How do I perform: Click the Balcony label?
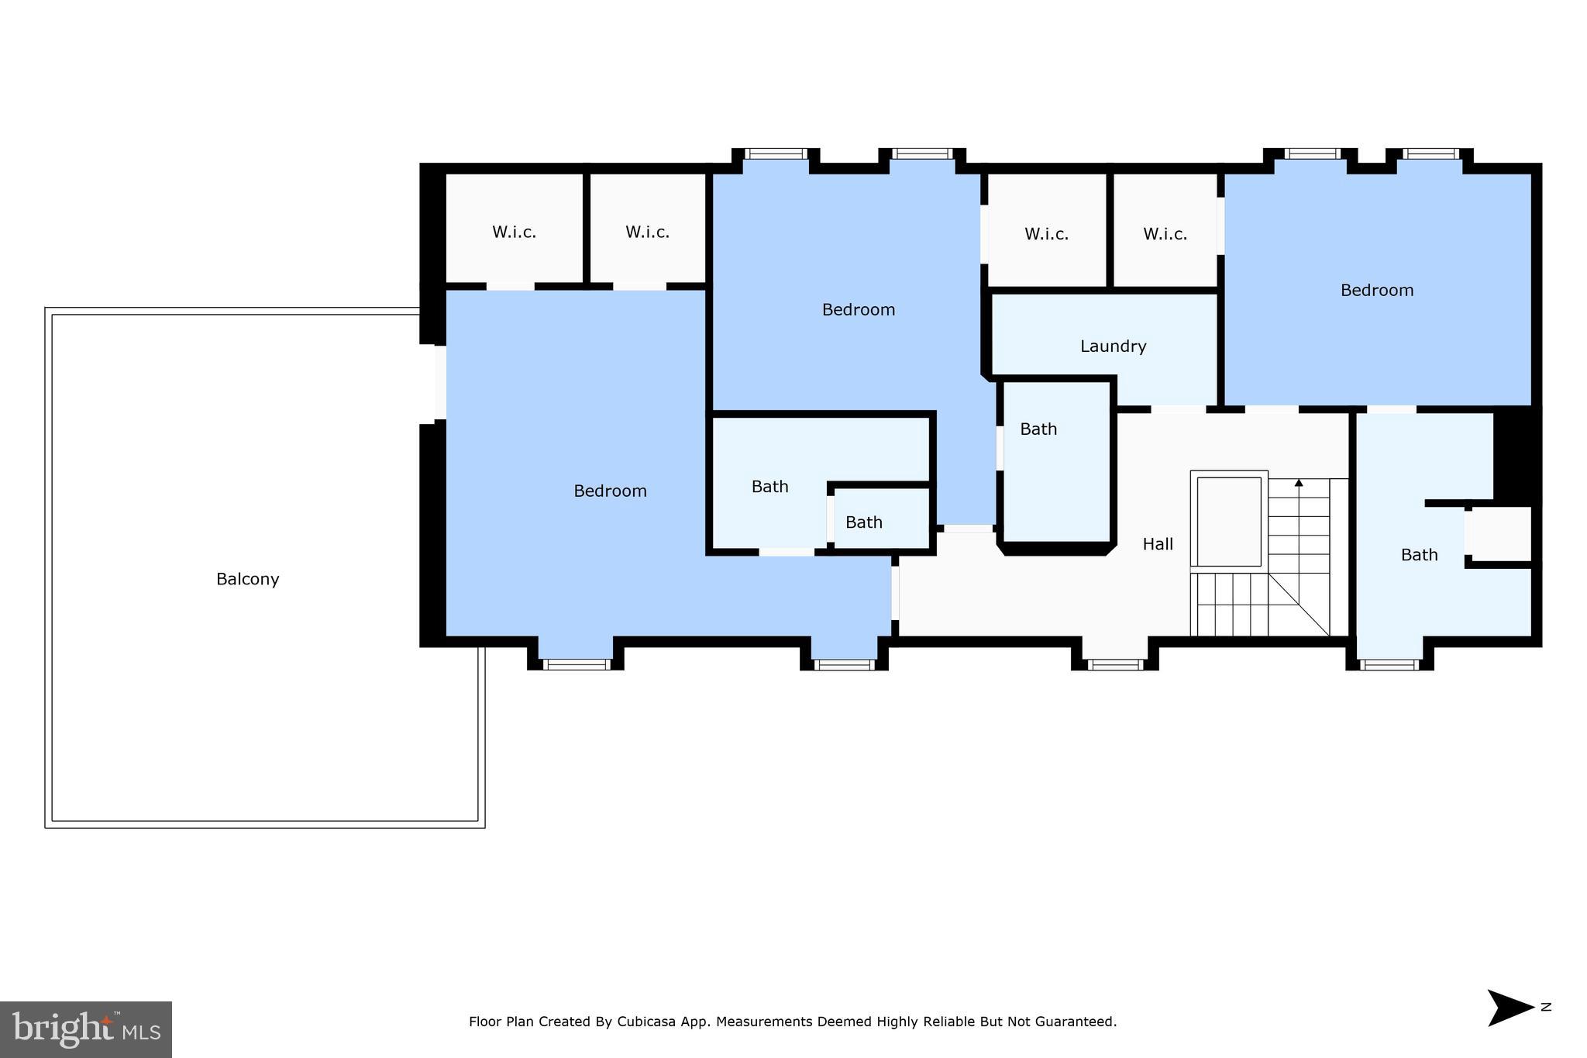tap(247, 579)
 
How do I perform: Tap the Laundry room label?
tap(1113, 346)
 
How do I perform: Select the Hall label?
tap(1158, 544)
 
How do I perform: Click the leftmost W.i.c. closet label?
tap(514, 232)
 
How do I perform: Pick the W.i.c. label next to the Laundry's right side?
tap(1165, 234)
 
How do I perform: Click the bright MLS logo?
tap(85, 1029)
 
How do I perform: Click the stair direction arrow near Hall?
tap(1299, 484)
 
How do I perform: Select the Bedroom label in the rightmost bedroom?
tap(1376, 290)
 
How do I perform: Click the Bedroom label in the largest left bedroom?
tap(610, 491)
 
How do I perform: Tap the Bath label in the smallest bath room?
tap(863, 522)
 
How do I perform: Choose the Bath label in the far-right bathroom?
tap(1419, 555)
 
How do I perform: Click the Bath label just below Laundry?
tap(1038, 429)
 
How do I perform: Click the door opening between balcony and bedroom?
tap(440, 384)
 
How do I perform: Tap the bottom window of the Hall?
tap(1114, 664)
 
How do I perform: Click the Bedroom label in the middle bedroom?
tap(858, 309)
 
